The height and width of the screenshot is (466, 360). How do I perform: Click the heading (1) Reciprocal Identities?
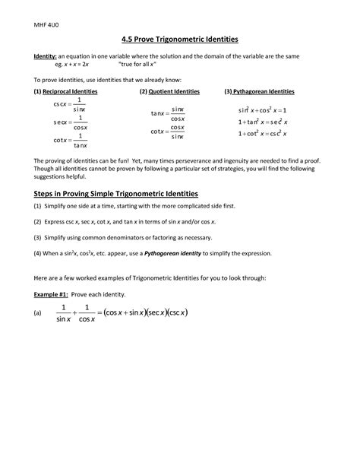tap(65, 91)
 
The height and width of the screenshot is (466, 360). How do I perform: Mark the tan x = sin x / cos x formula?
tap(168, 114)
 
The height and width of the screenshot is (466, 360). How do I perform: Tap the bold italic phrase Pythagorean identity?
tap(176, 252)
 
